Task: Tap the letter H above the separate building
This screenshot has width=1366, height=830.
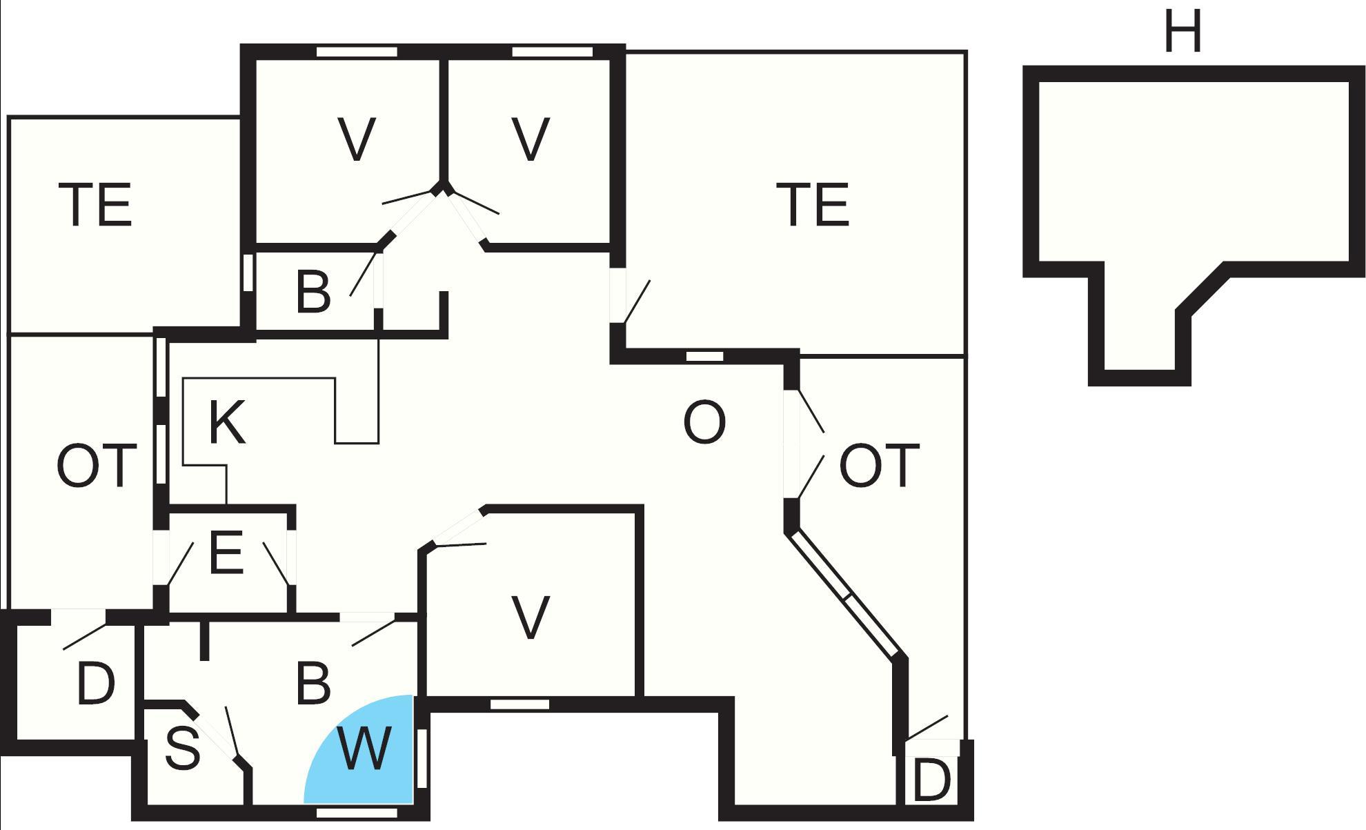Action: click(1182, 32)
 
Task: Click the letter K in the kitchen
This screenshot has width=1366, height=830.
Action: click(226, 422)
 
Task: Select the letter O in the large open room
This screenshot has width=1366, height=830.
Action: click(704, 422)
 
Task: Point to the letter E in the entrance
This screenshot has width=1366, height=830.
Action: click(226, 553)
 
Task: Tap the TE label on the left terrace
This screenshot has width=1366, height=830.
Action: click(96, 205)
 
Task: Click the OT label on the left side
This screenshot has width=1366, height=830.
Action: click(96, 466)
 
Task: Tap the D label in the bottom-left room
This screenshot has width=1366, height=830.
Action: click(95, 684)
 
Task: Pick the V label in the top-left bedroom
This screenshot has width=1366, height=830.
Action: click(357, 139)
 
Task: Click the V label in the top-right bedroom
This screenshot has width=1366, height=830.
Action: click(531, 139)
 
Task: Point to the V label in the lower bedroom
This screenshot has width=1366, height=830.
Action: click(531, 617)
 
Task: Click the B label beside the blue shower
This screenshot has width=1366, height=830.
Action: click(313, 684)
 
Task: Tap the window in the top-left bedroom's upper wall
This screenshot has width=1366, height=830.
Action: click(357, 52)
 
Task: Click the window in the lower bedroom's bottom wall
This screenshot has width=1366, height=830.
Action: click(519, 704)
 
